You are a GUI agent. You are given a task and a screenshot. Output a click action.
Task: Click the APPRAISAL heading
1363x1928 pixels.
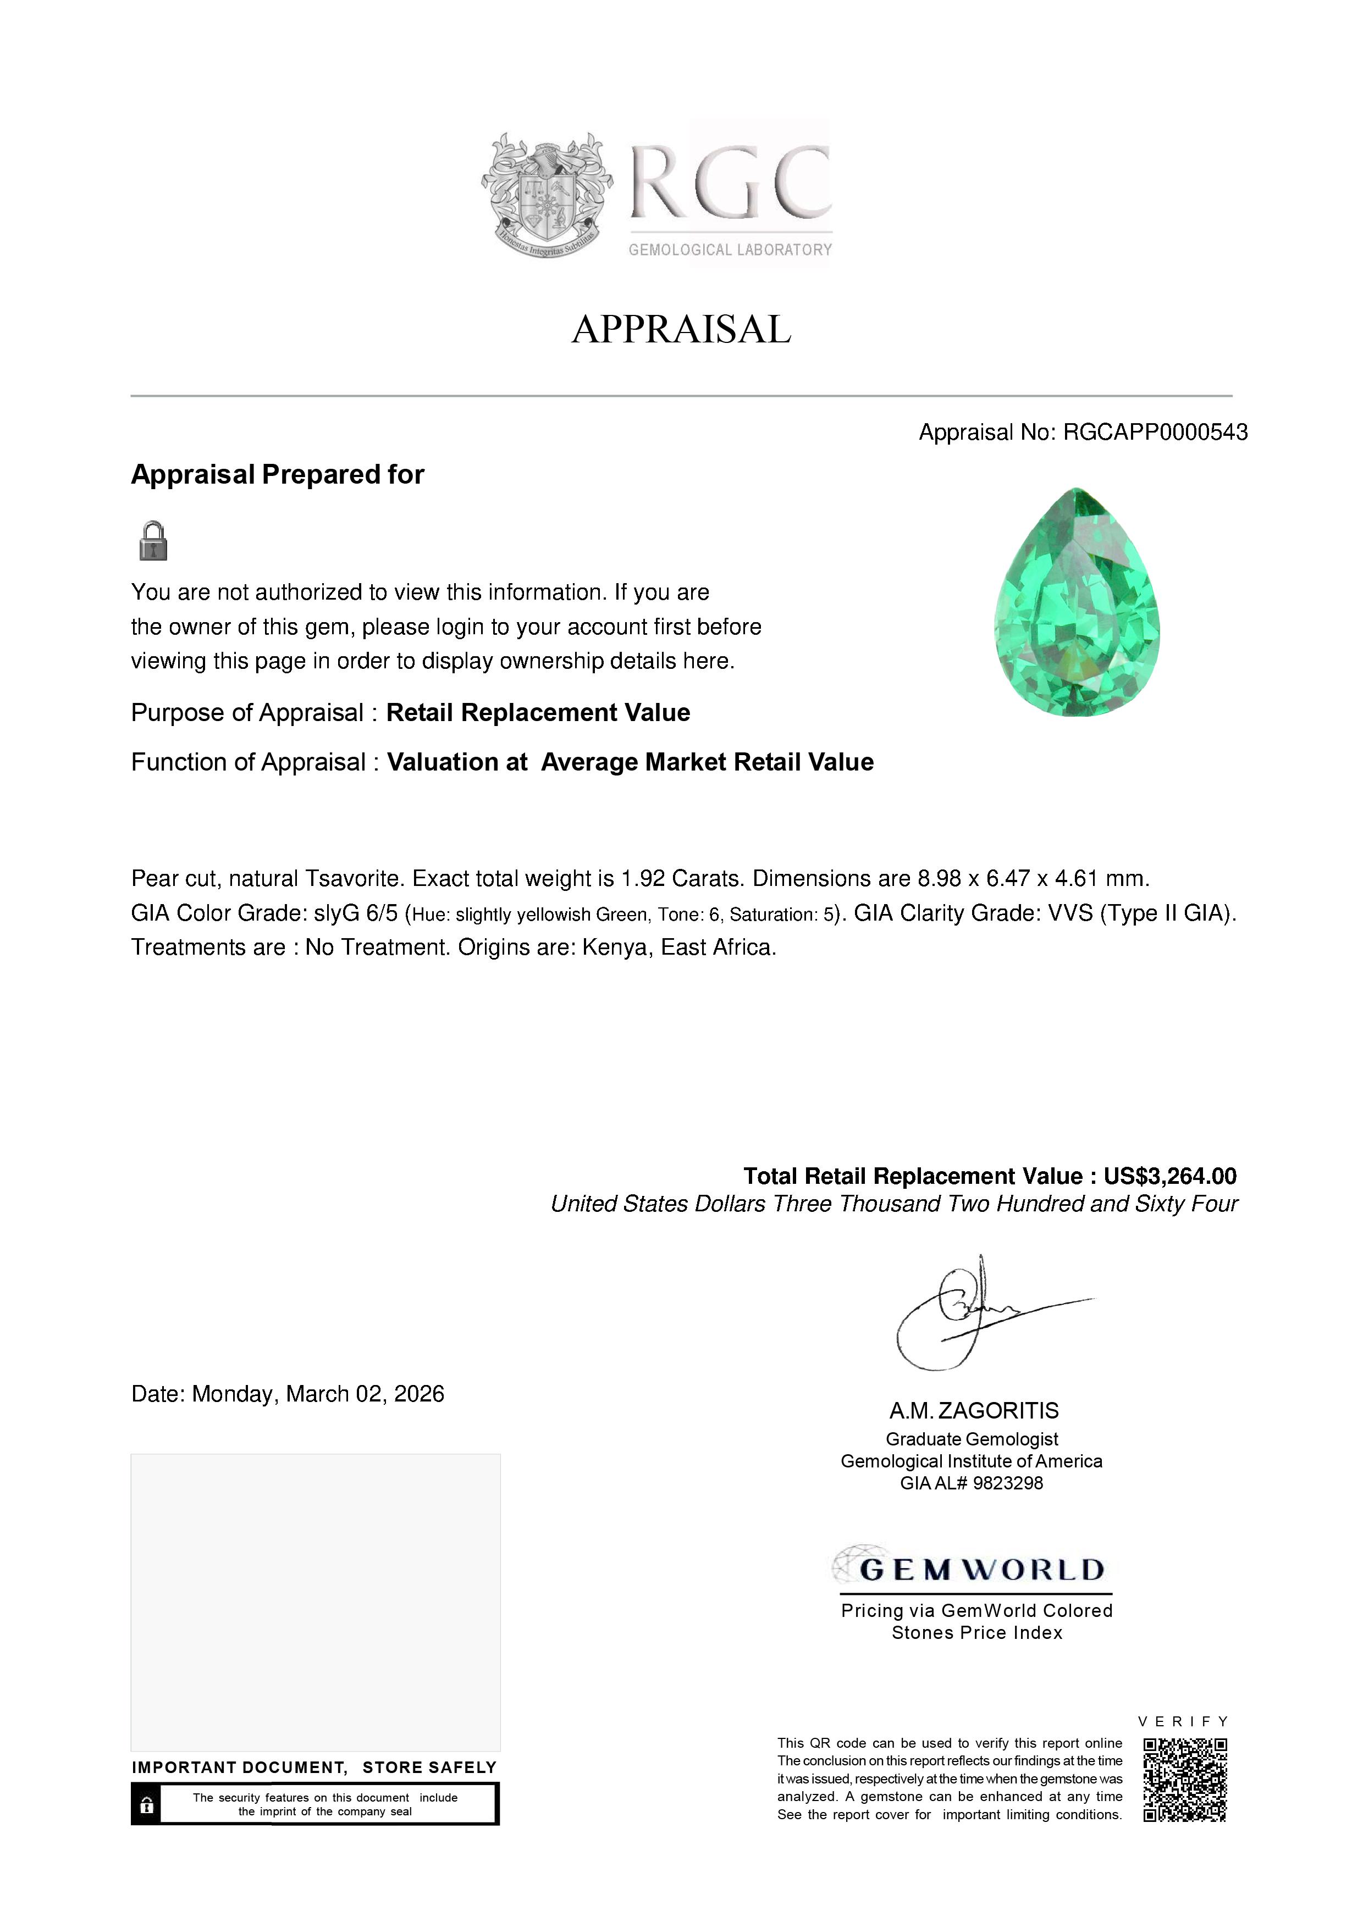[681, 329]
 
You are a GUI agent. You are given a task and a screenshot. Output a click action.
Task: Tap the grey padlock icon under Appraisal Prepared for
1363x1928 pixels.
[153, 541]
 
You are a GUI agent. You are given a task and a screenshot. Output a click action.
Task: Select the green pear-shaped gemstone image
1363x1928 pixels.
[1077, 602]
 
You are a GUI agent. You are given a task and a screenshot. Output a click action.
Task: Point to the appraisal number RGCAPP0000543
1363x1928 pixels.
[1155, 433]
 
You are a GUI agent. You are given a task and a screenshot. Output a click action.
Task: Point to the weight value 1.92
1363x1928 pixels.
[642, 879]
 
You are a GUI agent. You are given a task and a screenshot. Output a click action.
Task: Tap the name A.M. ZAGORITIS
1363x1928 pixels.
[974, 1411]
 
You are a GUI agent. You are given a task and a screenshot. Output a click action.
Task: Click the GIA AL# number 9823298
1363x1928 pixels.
[1008, 1483]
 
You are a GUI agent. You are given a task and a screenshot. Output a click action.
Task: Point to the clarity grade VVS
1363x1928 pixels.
[1070, 913]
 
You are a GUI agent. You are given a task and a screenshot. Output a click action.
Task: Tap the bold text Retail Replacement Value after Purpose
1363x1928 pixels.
[538, 713]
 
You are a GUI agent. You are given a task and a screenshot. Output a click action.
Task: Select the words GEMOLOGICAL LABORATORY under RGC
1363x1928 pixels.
[730, 250]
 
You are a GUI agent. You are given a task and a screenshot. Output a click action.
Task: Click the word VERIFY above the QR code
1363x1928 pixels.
[1183, 1721]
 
